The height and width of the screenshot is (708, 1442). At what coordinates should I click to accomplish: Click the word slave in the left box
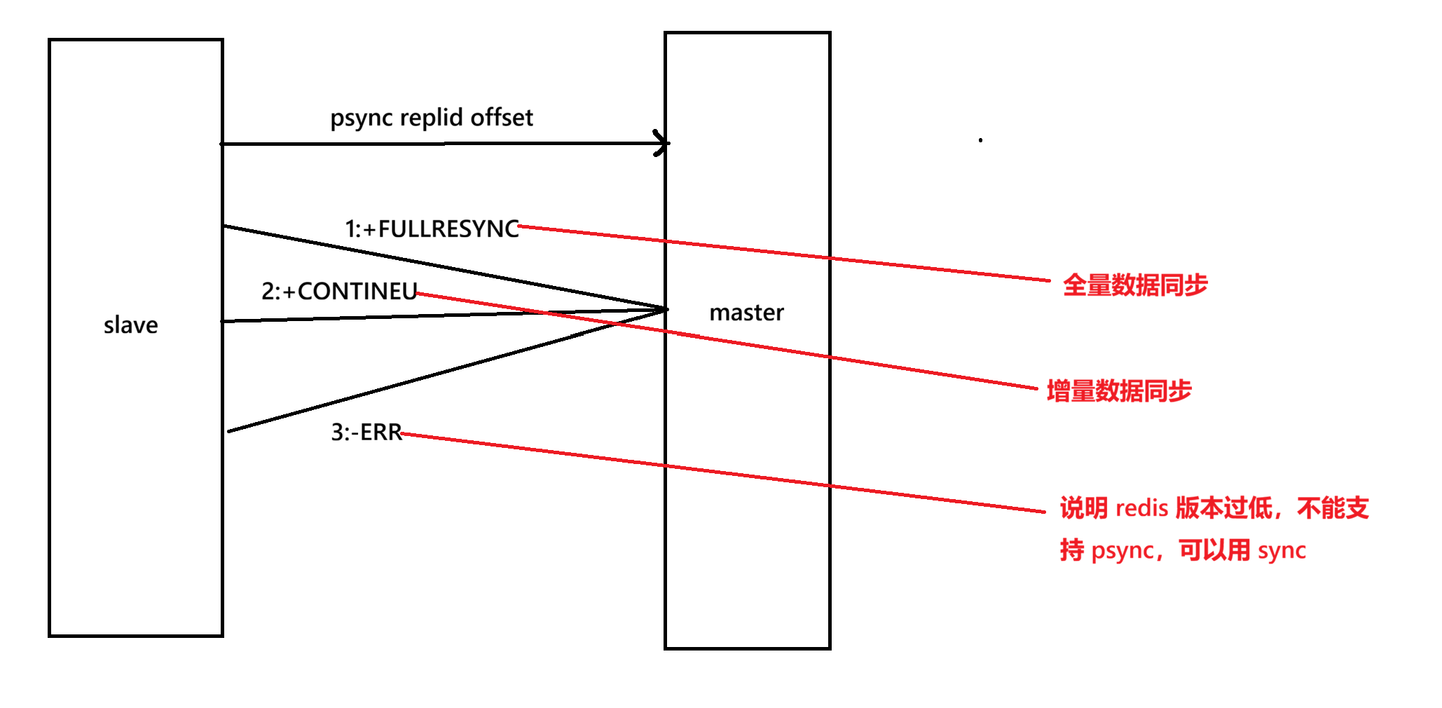pos(131,325)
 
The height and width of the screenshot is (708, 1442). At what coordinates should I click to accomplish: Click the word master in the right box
pos(746,313)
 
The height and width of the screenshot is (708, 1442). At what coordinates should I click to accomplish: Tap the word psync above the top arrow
pos(362,118)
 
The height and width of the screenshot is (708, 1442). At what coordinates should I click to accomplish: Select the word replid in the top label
pos(432,117)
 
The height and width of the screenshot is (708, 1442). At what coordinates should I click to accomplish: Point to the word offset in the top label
pos(502,117)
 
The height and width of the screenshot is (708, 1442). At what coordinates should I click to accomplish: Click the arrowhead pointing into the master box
pos(661,143)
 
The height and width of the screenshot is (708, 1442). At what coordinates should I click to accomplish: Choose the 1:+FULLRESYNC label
pos(432,229)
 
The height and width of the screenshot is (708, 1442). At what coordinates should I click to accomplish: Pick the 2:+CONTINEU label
pos(339,291)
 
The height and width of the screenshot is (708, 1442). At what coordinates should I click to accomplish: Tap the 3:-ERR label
pos(366,432)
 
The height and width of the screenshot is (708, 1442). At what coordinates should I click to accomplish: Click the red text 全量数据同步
pos(1135,285)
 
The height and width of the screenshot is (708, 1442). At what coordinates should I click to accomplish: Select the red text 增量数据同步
pos(1119,391)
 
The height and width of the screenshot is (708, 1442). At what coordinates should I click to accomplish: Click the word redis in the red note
pos(1141,508)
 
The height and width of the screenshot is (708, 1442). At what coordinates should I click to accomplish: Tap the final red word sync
pos(1282,551)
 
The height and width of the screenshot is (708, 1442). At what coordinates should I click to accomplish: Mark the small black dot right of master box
pos(980,140)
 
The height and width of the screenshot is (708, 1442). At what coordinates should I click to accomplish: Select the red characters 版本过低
pos(1223,508)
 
